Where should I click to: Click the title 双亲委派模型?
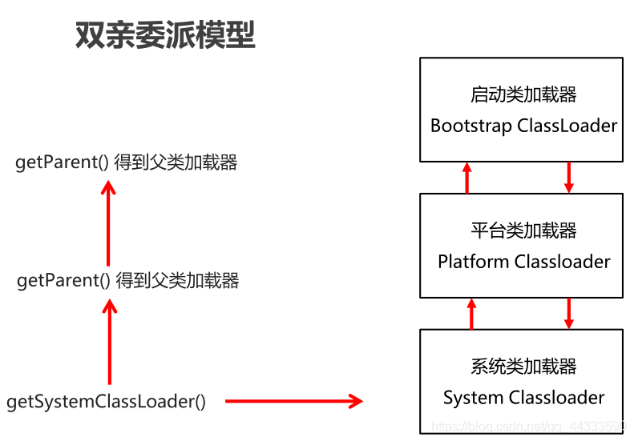point(165,35)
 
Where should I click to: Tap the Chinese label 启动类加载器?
point(523,94)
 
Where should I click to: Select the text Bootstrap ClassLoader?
point(523,126)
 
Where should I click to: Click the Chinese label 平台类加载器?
point(523,231)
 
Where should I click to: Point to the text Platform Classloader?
point(523,262)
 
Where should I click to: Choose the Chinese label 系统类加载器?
point(523,367)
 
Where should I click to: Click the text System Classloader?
point(523,398)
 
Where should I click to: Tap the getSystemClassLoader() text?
point(106,402)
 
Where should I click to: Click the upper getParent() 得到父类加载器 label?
point(127,163)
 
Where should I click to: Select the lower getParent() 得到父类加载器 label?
point(128,281)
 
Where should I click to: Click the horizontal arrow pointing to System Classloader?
point(293,402)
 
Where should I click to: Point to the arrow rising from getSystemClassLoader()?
point(110,342)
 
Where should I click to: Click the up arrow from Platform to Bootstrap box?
point(467,177)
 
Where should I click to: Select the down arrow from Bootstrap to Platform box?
point(569,177)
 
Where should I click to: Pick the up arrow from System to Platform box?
point(471,313)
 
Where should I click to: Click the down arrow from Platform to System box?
point(569,313)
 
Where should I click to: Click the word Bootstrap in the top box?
point(470,126)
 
